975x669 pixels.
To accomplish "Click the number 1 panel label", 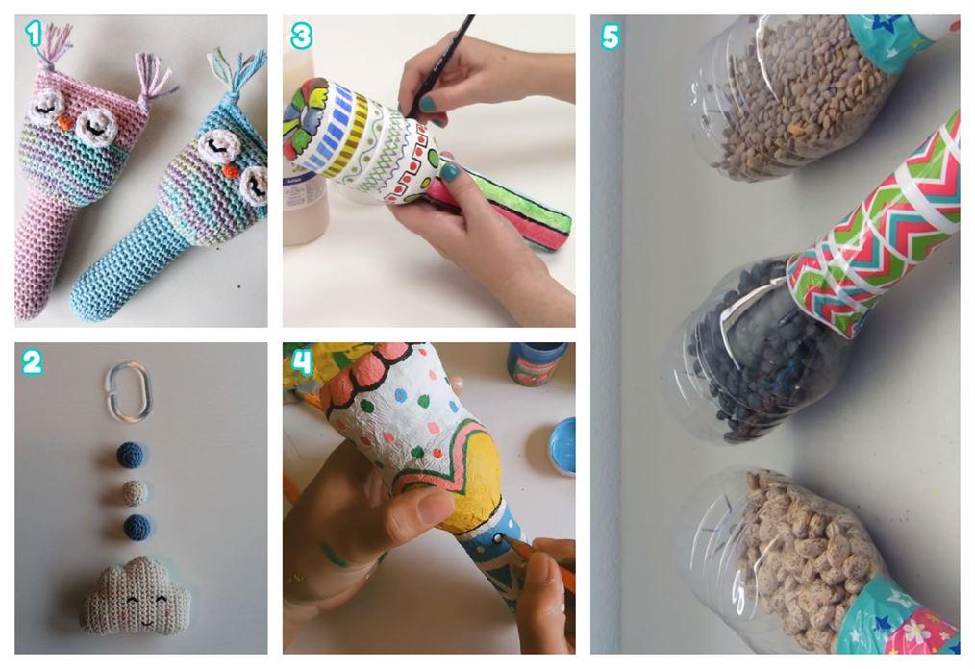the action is point(34,35).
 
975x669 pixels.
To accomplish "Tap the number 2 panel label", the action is point(32,361).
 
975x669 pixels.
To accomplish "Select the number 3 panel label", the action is point(301,37).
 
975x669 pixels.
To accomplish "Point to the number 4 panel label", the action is point(302,361).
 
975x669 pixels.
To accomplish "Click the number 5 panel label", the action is point(610,37).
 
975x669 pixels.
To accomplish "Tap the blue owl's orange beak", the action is point(230,168).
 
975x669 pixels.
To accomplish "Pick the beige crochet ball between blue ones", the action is point(134,493).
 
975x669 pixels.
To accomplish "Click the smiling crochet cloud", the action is point(138,593).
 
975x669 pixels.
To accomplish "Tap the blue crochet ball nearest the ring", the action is point(131,454).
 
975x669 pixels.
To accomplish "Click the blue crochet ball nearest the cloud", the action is point(137,528).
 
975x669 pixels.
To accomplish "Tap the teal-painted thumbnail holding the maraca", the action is point(449,172).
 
